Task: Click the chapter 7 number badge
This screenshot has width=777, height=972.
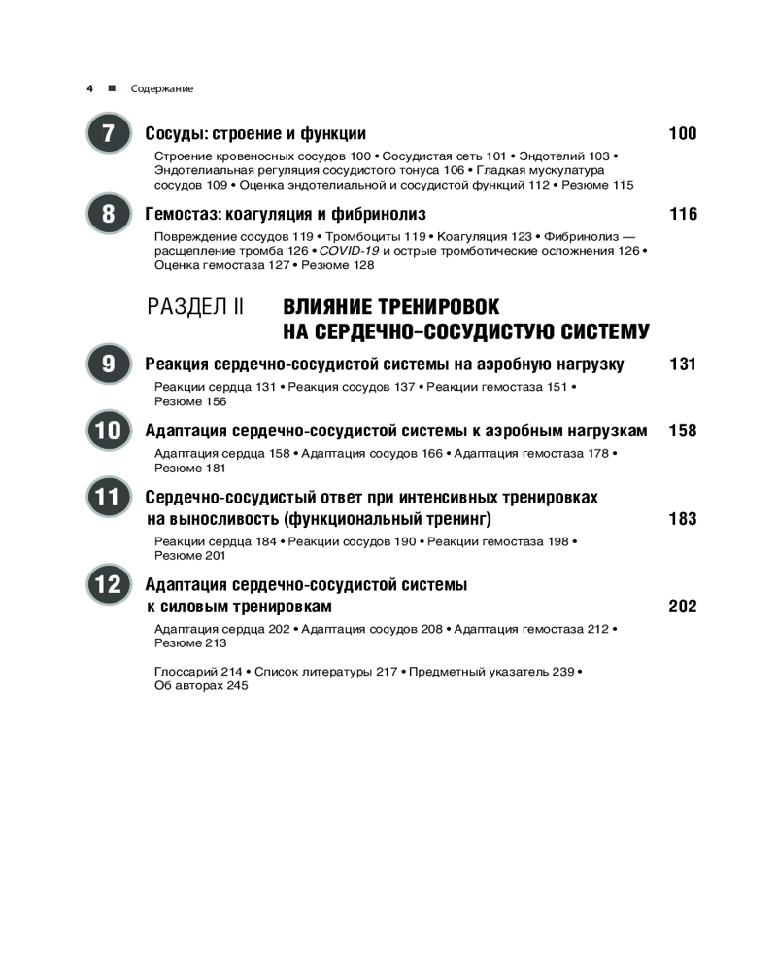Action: click(x=108, y=133)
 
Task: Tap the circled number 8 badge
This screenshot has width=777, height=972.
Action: click(x=108, y=214)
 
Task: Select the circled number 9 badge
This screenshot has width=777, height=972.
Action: click(x=108, y=364)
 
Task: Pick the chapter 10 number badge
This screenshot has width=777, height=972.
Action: click(x=108, y=431)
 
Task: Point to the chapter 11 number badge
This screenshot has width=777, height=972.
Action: click(x=108, y=498)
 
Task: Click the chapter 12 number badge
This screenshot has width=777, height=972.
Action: click(x=108, y=585)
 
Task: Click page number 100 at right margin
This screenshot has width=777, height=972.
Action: click(x=683, y=134)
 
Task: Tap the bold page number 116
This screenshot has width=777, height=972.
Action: click(x=683, y=214)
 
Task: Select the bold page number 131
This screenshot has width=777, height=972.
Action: click(x=683, y=364)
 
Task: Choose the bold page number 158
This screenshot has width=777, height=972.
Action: click(x=683, y=431)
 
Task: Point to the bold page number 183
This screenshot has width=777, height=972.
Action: click(x=683, y=519)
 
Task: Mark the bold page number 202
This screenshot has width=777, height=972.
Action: click(x=683, y=607)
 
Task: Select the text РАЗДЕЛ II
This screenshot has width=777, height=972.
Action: click(x=194, y=307)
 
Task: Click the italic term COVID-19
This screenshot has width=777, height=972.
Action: click(x=353, y=250)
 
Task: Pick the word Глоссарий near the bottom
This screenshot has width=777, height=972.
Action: click(x=185, y=672)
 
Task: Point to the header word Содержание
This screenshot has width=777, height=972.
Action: click(x=162, y=88)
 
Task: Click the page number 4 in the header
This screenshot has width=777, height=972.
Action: click(x=89, y=88)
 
